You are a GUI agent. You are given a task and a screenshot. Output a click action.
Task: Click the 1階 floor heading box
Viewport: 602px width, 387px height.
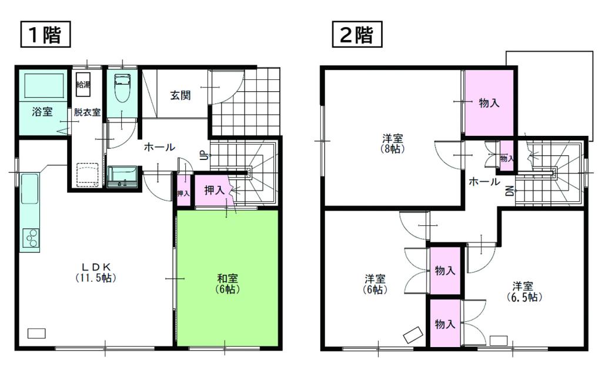(45, 35)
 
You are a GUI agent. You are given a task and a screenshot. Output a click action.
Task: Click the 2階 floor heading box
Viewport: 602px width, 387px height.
(357, 35)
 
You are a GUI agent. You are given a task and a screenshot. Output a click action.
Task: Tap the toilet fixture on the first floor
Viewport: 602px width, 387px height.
(123, 88)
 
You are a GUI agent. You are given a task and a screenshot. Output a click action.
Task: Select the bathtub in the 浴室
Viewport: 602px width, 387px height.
(44, 86)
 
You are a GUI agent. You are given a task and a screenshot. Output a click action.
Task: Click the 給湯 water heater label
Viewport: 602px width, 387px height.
(83, 84)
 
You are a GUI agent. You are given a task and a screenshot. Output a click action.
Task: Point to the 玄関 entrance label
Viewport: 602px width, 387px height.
(180, 95)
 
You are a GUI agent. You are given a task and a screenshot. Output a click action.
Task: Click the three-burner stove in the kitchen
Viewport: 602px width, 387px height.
(31, 238)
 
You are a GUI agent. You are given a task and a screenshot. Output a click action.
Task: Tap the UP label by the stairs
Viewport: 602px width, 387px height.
(203, 155)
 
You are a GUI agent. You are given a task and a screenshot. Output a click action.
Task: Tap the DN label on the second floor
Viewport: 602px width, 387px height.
(510, 191)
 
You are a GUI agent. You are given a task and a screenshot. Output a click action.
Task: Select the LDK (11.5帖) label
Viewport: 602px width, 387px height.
(96, 272)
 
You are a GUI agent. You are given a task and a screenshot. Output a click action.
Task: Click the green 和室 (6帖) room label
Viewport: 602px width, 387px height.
(228, 283)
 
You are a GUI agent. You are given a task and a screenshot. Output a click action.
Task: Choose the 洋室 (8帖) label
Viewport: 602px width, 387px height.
(392, 143)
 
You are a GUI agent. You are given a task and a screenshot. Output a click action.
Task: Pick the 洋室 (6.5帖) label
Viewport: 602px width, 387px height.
(523, 291)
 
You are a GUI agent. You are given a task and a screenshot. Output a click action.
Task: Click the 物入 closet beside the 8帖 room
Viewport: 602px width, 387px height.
(489, 103)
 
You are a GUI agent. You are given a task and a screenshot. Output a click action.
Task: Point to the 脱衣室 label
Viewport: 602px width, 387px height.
(87, 112)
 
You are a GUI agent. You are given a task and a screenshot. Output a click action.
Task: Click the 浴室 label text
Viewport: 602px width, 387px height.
(42, 112)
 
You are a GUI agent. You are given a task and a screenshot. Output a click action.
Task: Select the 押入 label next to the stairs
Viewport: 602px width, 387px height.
(214, 189)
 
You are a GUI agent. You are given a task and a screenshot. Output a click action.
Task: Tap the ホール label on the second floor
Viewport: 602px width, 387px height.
(484, 181)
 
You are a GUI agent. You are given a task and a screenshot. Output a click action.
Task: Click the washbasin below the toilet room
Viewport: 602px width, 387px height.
(122, 176)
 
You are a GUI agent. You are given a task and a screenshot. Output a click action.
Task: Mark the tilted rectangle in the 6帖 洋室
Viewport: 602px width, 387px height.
(413, 335)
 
